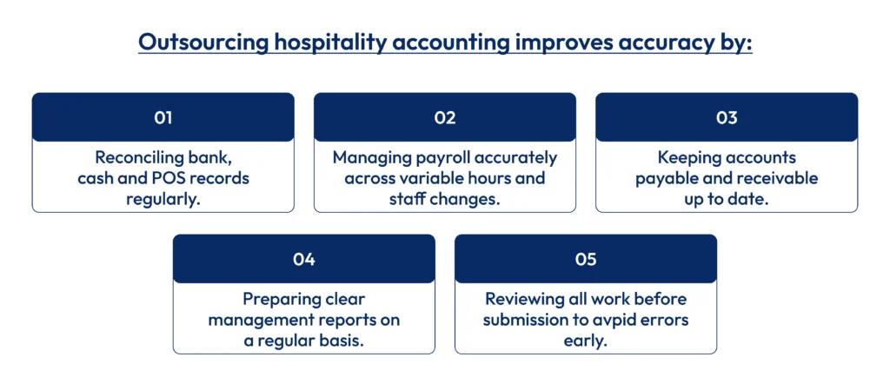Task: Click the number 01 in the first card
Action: [163, 118]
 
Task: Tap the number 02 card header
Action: [444, 118]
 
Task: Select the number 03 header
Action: [726, 118]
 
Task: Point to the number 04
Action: [303, 259]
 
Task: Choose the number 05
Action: [585, 259]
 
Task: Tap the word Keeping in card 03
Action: [690, 158]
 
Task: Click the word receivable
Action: [774, 179]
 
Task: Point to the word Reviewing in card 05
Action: [524, 299]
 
